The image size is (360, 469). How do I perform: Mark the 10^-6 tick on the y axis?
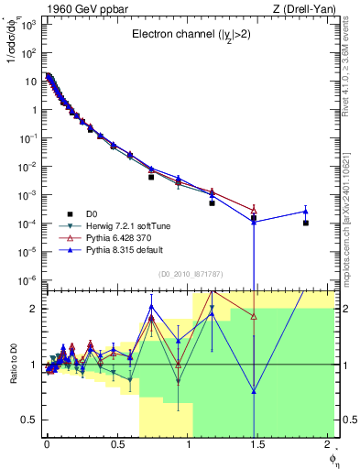tap(27, 280)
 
